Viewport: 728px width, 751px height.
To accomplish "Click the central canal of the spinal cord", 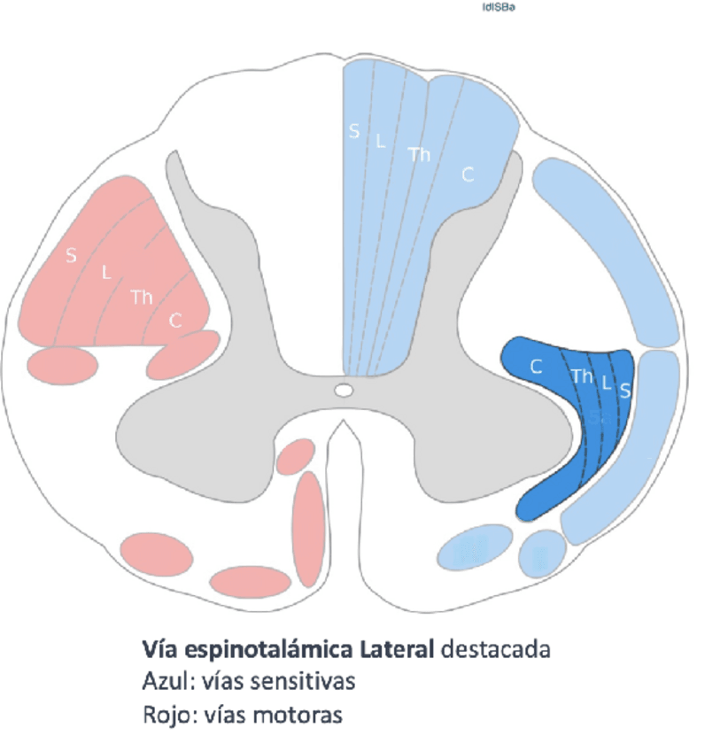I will pos(344,390).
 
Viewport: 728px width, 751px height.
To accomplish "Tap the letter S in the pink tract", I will pos(71,256).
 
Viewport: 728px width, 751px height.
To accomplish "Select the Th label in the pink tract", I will pos(142,298).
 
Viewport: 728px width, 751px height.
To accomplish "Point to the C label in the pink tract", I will pos(175,321).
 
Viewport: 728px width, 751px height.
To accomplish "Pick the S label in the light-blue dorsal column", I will pos(354,132).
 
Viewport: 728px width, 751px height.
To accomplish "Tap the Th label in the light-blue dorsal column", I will pos(419,154).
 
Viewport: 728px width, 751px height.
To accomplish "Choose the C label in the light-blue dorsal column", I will pos(468,175).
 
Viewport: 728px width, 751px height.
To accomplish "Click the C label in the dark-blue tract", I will pos(536,366).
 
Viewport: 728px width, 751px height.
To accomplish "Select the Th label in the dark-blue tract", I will pos(582,376).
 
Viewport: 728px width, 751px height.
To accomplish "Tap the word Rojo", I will pos(162,715).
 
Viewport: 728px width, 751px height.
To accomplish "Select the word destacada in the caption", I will pos(496,649).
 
